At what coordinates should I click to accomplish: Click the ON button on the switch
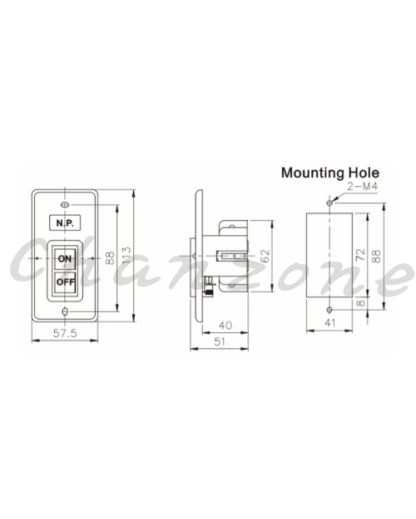pos(65,258)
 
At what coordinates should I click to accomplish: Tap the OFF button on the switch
pos(65,282)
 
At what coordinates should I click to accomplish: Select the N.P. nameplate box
pos(65,223)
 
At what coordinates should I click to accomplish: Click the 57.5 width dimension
pos(65,333)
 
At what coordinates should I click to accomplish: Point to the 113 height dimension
pos(126,255)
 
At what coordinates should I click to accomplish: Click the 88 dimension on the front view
pos(110,258)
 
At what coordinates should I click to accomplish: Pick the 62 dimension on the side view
pos(265,257)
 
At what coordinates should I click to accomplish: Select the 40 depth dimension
pos(225,326)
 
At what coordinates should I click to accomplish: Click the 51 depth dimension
pos(220,341)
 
